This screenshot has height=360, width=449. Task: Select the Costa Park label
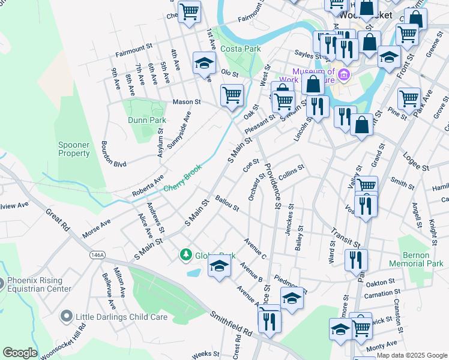[x=240, y=48]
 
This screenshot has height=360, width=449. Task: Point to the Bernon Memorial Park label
[x=416, y=259]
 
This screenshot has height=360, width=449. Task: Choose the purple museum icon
[x=343, y=75]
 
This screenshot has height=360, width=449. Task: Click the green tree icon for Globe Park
[x=187, y=255]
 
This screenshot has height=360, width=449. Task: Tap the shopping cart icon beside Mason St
[x=232, y=94]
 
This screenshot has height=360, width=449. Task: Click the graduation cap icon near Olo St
[x=204, y=62]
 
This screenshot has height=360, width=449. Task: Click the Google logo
[x=19, y=353]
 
